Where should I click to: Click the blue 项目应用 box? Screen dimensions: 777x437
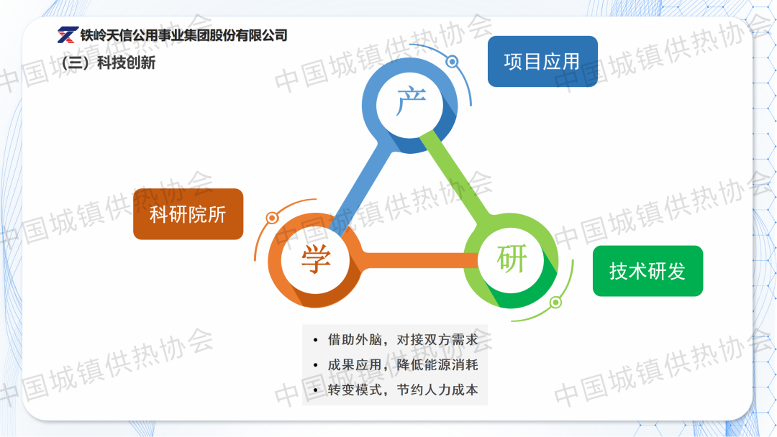pos(542,61)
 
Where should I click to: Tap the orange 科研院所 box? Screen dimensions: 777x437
pos(188,213)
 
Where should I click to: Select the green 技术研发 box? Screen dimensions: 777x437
pos(647,271)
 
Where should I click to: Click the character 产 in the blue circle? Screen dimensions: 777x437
pos(411,101)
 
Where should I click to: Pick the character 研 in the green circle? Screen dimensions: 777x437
pos(512,258)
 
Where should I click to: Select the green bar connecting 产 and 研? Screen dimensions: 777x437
pos(456,175)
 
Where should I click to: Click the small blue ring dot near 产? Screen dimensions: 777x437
pos(451,62)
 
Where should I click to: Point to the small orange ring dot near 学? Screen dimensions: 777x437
pos(272,218)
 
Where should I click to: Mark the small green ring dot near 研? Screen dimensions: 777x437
pos(555,302)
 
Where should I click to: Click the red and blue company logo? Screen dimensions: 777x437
pos(68,34)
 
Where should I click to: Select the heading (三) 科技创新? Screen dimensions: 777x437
pos(109,63)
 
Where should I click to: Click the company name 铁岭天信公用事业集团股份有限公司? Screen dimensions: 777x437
pos(184,35)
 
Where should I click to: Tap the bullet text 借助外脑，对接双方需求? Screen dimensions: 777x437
pos(403,339)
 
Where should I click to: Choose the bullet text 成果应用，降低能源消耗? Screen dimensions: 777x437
pos(403,364)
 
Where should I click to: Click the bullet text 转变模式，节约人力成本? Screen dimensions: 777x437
pos(403,390)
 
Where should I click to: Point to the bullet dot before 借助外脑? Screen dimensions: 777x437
pos(316,340)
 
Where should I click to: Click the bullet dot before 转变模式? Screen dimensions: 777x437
pos(316,390)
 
